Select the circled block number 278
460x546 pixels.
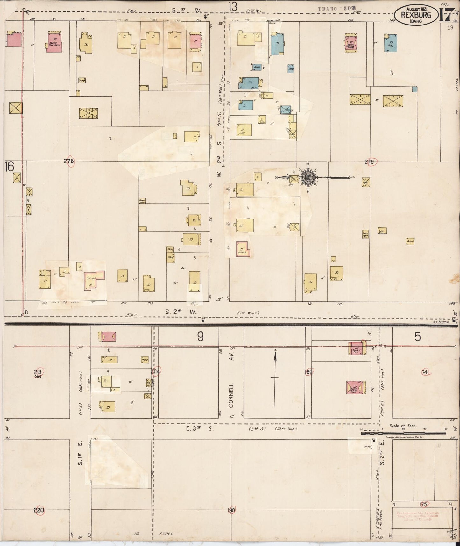(69, 161)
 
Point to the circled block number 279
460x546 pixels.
(370, 162)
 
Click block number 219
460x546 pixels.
(39, 372)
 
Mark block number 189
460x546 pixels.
(308, 372)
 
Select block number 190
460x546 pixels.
(231, 510)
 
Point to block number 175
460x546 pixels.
(423, 504)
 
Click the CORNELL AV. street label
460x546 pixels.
(231, 395)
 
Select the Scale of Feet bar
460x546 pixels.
(403, 432)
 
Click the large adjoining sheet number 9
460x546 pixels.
(200, 337)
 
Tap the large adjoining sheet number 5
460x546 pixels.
(417, 337)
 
